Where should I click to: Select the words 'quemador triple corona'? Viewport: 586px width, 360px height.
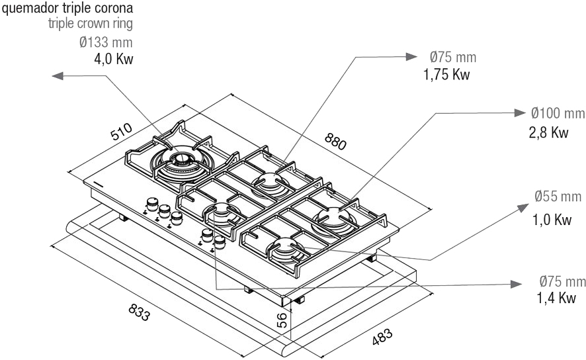coord(67,9)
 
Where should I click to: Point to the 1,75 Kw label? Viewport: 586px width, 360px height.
coord(446,74)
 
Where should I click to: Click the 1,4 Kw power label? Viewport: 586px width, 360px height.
coord(556,299)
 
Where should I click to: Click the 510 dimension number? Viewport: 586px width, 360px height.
coord(122,132)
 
